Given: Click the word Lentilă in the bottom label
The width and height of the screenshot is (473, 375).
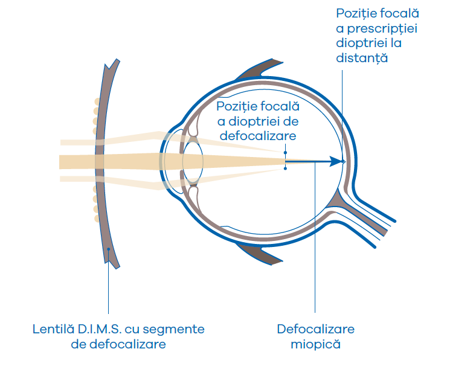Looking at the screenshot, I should click(52, 330).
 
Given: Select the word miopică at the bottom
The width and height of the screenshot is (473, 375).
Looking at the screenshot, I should click(315, 345).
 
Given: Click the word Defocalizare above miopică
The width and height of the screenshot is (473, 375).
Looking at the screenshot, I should click(315, 330).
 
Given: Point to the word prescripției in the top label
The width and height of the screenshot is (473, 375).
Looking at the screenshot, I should click(378, 28).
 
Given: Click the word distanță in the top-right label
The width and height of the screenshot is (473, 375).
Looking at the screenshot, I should click(361, 59).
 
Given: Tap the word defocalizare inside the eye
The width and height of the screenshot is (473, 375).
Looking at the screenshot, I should click(258, 136).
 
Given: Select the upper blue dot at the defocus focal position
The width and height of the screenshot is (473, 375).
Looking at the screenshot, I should click(286, 153).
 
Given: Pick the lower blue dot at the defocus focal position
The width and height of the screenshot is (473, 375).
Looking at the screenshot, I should click(286, 168).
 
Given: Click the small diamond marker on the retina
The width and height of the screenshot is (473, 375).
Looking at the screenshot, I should click(343, 162).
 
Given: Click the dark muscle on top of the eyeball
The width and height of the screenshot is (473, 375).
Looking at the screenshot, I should click(259, 69).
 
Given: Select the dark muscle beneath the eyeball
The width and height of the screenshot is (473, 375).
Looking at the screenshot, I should click(259, 254).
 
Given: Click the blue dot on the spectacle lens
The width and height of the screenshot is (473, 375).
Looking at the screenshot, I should click(108, 249).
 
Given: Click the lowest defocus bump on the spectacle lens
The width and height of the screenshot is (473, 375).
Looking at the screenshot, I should click(96, 219).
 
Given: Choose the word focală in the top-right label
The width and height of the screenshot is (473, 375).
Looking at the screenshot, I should click(397, 13).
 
